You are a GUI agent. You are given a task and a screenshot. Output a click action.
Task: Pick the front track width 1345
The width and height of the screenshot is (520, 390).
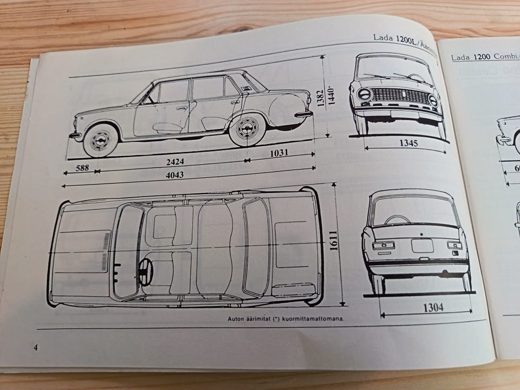[405, 144]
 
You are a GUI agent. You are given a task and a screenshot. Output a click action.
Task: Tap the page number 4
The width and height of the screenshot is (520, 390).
[36, 347]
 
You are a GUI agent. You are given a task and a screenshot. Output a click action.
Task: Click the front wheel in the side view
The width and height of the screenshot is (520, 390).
[101, 140]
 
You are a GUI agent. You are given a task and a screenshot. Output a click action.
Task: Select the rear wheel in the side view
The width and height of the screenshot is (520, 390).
[247, 130]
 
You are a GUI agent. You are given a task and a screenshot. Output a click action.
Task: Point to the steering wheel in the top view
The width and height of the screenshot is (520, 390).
[145, 270]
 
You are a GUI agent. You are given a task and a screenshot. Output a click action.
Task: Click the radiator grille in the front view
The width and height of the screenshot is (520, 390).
[401, 97]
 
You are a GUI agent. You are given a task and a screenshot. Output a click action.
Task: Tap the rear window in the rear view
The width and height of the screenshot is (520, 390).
[414, 211]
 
